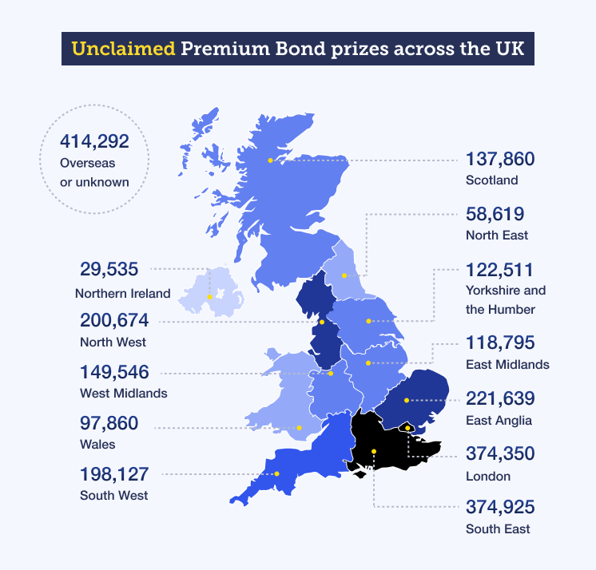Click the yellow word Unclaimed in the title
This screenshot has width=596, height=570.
click(123, 48)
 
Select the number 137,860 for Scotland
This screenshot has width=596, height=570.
click(499, 159)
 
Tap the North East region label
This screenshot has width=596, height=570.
click(497, 236)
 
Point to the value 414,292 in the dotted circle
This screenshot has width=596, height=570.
click(94, 142)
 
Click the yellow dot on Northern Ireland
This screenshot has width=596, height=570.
click(209, 297)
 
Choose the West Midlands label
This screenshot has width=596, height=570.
click(124, 393)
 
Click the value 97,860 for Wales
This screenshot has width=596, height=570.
click(109, 423)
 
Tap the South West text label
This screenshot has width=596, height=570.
click(114, 495)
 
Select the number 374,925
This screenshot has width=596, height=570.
click(500, 507)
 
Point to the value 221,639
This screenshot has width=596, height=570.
click(500, 398)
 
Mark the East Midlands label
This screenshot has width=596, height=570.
click(507, 364)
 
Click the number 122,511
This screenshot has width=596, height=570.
click(499, 270)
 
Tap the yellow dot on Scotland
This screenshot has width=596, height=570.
click(271, 160)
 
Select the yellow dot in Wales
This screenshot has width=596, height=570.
click(299, 427)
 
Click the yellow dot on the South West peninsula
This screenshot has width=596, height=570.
click(277, 474)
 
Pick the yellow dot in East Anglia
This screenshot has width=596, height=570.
click(406, 400)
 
